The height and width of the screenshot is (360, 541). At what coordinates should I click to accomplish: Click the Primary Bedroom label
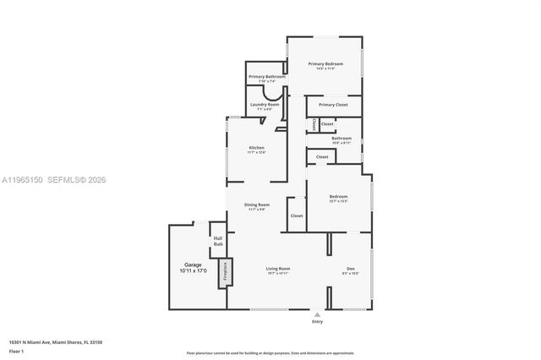(x=325, y=63)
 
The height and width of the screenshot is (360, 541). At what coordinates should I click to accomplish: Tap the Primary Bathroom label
(x=266, y=77)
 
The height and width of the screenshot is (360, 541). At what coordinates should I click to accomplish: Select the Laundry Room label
(x=265, y=104)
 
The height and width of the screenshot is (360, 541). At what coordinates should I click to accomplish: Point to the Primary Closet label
(x=333, y=105)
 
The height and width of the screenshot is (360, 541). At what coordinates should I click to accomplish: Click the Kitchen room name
(x=256, y=148)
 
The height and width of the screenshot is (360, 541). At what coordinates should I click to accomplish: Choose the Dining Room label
(x=257, y=205)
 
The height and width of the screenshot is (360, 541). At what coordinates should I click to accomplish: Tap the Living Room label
(x=278, y=269)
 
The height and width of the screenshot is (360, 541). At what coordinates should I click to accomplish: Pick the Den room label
(x=350, y=269)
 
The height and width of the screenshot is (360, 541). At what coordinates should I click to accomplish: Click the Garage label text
(x=193, y=265)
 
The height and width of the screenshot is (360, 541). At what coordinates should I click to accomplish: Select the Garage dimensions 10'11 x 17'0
(x=193, y=271)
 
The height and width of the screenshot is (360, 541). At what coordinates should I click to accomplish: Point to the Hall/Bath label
(x=217, y=241)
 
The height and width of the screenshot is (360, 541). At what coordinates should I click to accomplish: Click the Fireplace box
(x=225, y=272)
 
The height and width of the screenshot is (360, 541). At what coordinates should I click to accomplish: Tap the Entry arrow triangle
(x=318, y=314)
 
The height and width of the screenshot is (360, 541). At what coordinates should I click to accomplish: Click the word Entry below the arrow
(x=318, y=322)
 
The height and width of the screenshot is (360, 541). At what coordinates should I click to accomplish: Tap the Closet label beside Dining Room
(x=297, y=215)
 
